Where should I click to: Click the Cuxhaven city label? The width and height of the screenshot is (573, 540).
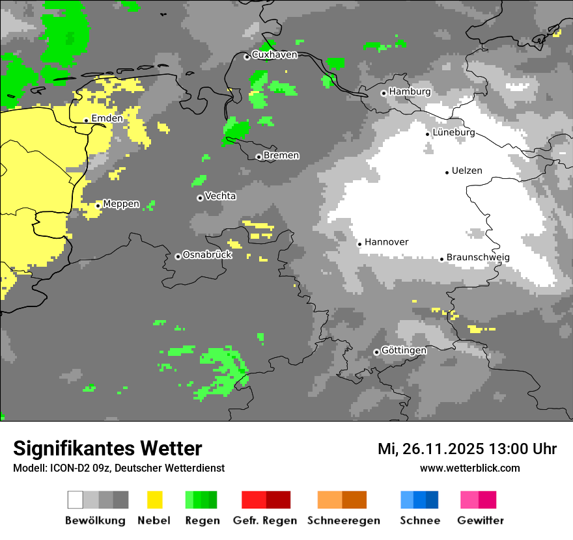coord(274,55)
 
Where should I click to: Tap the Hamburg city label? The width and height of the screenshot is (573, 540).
coord(410,92)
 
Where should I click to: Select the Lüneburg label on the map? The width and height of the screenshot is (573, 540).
coord(454,133)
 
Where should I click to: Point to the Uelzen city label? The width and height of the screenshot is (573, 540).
coord(467,170)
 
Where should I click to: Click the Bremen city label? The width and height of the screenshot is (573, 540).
coord(281,155)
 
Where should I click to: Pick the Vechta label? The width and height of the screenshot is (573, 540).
coord(220,196)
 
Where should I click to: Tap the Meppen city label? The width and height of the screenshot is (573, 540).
coord(121,204)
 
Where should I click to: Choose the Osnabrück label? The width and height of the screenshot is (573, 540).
coord(207,255)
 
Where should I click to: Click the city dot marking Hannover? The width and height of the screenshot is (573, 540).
coord(359,244)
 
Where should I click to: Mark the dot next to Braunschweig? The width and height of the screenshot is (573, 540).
coord(441,259)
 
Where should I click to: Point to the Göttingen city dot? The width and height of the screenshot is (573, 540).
coord(376,352)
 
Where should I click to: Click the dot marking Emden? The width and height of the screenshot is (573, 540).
coord(86,120)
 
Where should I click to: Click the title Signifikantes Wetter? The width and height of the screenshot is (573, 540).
coord(107,448)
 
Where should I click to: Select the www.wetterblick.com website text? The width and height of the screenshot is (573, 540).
coord(469,468)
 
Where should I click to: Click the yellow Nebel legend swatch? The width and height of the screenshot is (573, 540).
coord(154,500)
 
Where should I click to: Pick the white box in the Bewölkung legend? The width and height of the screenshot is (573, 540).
coord(76,500)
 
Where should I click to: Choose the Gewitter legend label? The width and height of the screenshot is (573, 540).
coord(480,520)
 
